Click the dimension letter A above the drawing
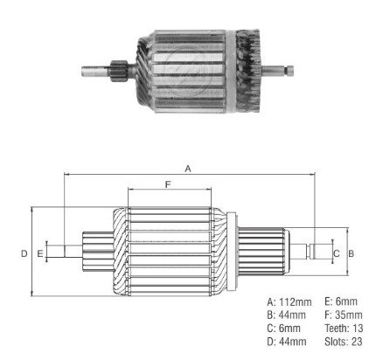(x=188, y=169)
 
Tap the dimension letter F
(x=168, y=184)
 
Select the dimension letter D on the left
(x=24, y=253)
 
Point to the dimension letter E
(x=40, y=253)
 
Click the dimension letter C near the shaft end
(x=337, y=253)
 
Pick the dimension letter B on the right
(x=352, y=253)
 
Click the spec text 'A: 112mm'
(x=289, y=302)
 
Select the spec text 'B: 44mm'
(x=287, y=315)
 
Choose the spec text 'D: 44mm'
(x=287, y=342)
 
